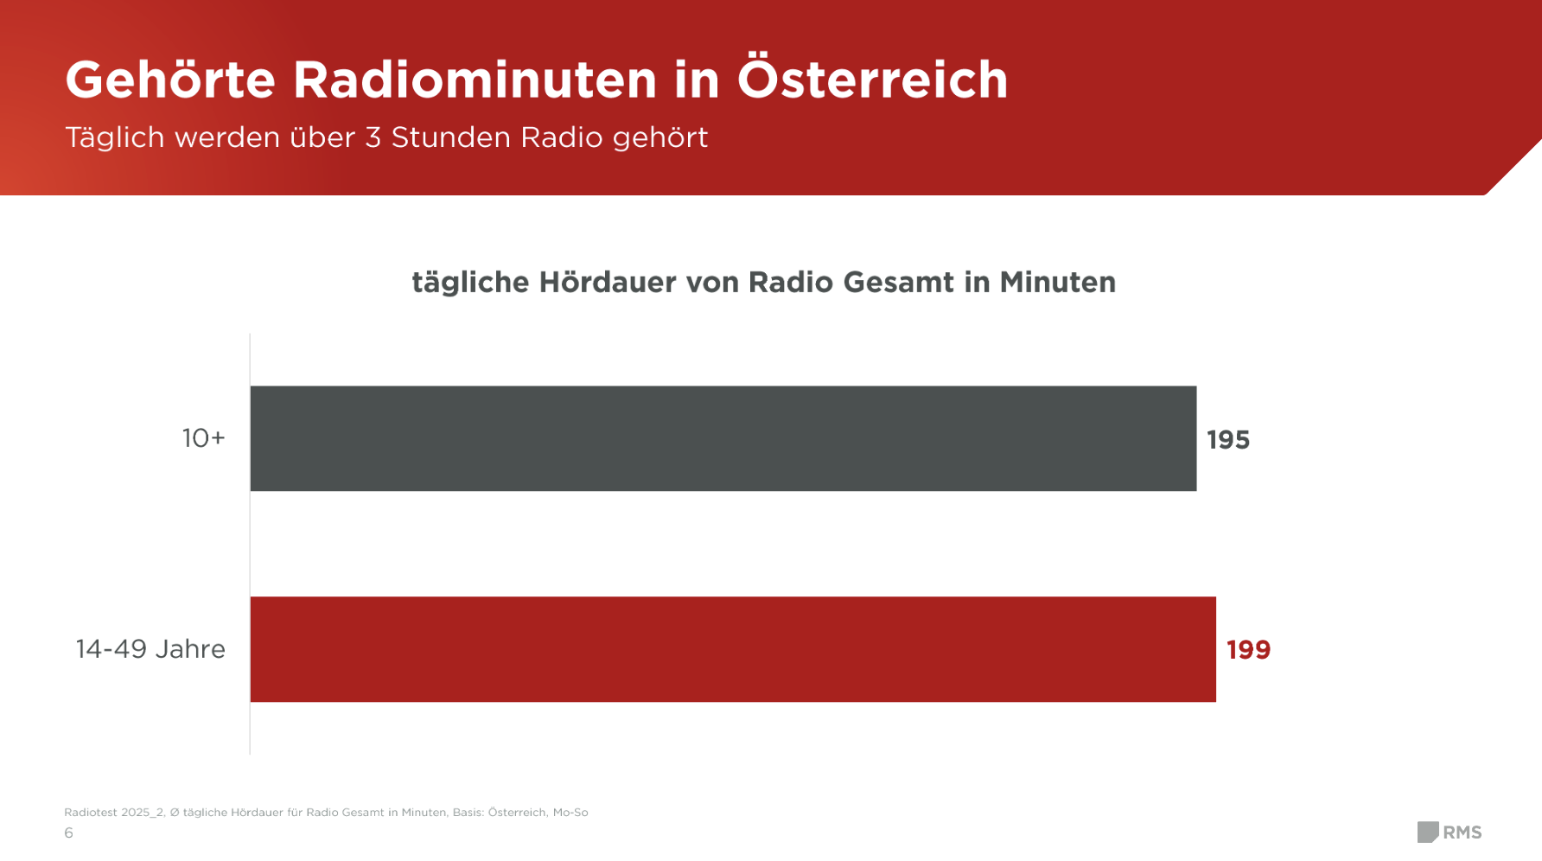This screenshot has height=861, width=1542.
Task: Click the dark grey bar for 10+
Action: coord(723,438)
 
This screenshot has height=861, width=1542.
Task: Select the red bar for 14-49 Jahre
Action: coord(733,649)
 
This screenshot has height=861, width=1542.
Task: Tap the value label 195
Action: coord(1228,440)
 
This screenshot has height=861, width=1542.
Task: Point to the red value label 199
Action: coord(1248,650)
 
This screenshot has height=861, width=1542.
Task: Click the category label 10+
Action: coord(203,438)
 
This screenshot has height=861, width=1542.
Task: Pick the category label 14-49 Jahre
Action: coord(150,649)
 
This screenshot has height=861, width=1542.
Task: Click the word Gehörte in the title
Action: coord(170,80)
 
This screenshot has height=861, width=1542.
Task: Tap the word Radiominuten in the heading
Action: coord(475,80)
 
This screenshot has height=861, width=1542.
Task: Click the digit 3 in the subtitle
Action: coord(373,137)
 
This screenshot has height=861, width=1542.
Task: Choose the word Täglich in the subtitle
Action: coord(115,138)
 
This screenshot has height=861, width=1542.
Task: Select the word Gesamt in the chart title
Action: coord(898,283)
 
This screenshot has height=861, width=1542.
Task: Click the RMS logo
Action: coord(1450,832)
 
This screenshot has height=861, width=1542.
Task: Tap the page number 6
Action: coord(68,833)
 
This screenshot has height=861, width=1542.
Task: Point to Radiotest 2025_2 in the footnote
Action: coord(113,813)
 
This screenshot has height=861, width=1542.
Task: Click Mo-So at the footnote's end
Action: coord(570,813)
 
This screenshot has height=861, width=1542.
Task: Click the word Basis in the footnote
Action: coord(468,813)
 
